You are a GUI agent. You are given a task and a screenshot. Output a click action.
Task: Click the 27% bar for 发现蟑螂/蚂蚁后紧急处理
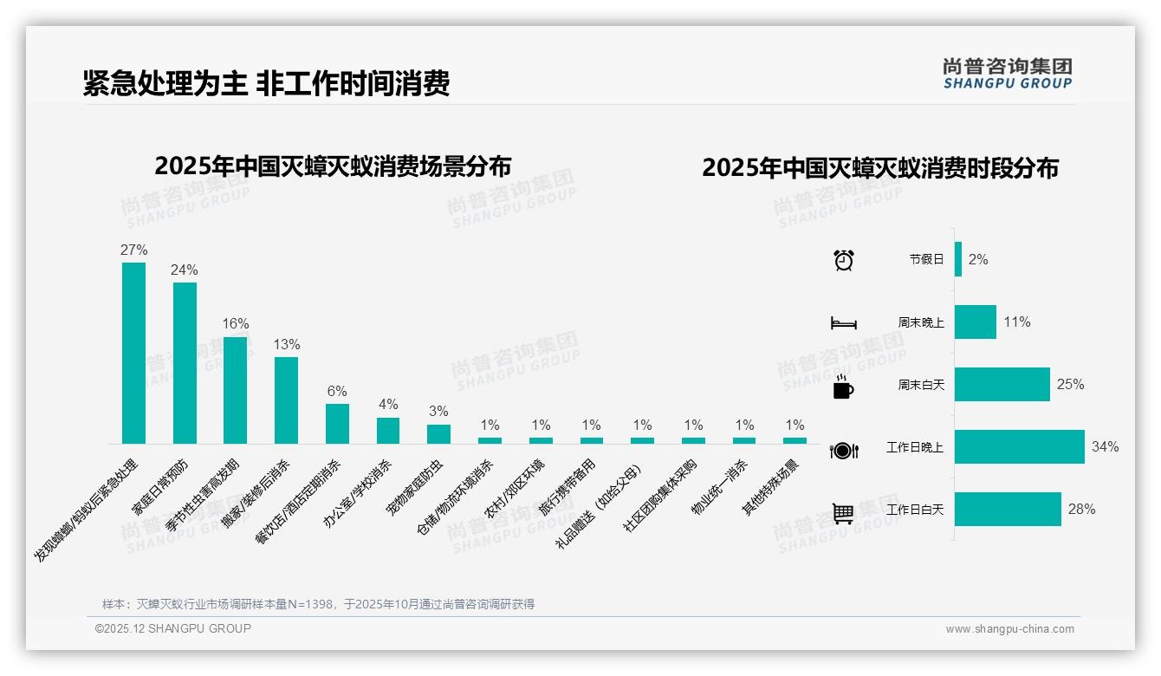click(x=133, y=353)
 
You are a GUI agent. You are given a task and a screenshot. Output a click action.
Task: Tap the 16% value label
click(x=236, y=323)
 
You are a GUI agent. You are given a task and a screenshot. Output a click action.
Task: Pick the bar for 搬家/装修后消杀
click(x=287, y=400)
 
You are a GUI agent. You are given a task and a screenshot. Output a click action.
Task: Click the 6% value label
click(x=337, y=391)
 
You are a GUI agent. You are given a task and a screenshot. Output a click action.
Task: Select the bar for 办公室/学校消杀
click(x=388, y=431)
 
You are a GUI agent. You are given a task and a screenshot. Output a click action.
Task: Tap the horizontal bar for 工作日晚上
click(x=1019, y=447)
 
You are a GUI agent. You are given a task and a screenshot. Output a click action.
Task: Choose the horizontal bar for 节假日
click(x=958, y=259)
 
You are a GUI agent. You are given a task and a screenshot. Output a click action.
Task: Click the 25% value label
click(x=1070, y=384)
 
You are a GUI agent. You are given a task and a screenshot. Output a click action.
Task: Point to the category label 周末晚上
click(x=921, y=322)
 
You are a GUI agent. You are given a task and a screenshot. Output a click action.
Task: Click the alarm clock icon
click(x=843, y=260)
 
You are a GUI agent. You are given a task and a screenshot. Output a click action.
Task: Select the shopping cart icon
click(x=843, y=513)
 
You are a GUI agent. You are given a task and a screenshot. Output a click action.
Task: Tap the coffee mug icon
click(x=843, y=387)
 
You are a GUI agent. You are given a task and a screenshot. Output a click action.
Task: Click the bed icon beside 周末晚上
click(x=843, y=323)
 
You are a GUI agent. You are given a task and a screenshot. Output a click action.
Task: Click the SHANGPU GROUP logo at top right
click(x=1007, y=74)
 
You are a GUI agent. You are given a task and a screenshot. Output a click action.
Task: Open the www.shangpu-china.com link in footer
click(x=1009, y=629)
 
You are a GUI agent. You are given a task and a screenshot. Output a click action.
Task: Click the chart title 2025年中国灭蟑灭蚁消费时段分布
click(x=880, y=168)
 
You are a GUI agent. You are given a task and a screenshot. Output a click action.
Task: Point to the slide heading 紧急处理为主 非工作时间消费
click(x=266, y=84)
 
